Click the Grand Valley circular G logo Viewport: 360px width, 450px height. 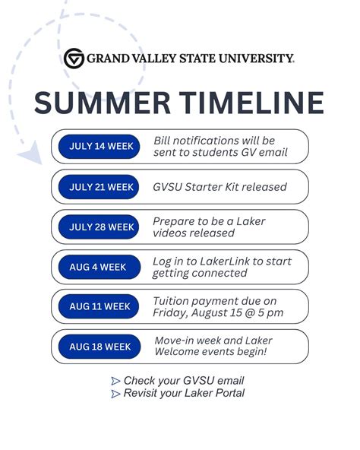click(x=74, y=58)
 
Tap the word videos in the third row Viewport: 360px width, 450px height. click(x=171, y=233)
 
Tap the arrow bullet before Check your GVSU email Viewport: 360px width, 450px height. click(x=115, y=381)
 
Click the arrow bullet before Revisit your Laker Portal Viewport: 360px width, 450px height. click(x=115, y=394)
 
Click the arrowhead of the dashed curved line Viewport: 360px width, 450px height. click(x=30, y=157)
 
